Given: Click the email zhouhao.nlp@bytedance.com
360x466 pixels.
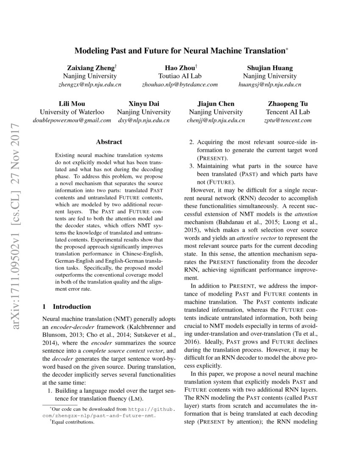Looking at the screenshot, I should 180,84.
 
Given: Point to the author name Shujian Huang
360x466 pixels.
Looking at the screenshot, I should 270,68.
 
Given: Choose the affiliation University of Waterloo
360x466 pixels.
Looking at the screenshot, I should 72,112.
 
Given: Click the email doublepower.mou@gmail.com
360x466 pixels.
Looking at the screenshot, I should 72,120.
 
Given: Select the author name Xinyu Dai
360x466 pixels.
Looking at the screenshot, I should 144,104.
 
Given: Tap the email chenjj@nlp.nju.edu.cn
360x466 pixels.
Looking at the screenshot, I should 216,120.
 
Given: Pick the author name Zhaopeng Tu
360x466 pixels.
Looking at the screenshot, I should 288,104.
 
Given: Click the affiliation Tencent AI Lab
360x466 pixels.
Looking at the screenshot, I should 288,112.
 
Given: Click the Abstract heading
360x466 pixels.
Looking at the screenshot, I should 109,142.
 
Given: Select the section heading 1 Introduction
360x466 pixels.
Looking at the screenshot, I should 67,306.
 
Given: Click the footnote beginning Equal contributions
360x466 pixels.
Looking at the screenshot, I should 72,422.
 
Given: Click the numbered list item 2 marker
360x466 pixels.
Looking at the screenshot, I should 191,142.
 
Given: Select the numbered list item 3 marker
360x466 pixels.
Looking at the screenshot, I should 191,166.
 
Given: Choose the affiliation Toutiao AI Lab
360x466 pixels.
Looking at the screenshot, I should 180,76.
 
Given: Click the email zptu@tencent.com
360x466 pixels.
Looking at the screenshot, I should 288,120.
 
